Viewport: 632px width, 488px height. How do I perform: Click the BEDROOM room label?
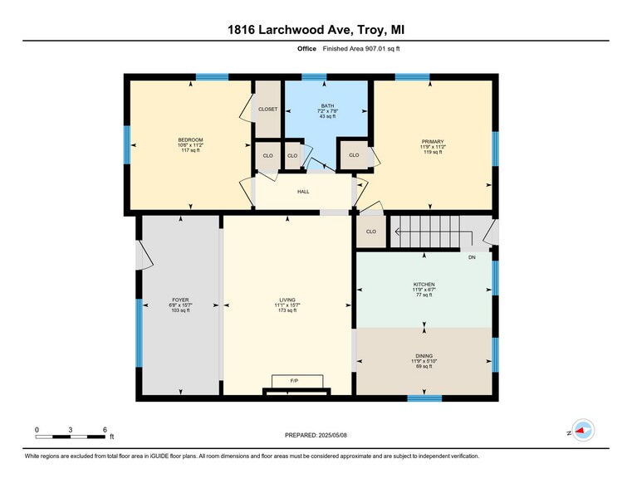[190, 139]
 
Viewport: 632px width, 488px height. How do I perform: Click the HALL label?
[304, 192]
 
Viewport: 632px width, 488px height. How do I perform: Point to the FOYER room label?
[180, 300]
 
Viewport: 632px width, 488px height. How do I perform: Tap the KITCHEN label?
[424, 285]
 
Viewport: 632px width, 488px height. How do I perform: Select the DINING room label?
[424, 355]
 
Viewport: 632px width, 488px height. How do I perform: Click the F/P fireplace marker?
[294, 381]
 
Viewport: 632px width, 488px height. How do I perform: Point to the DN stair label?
[472, 258]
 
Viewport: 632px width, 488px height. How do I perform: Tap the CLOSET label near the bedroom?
[267, 109]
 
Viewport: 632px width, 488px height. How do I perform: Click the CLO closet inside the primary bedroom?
[354, 155]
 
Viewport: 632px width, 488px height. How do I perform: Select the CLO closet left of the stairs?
[371, 232]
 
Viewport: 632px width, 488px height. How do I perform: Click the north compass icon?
[583, 430]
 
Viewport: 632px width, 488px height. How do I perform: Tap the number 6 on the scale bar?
[105, 429]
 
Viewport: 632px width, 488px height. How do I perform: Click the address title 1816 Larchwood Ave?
[316, 31]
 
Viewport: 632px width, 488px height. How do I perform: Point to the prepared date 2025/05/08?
[316, 434]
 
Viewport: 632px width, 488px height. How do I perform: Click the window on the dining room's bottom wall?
[424, 398]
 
